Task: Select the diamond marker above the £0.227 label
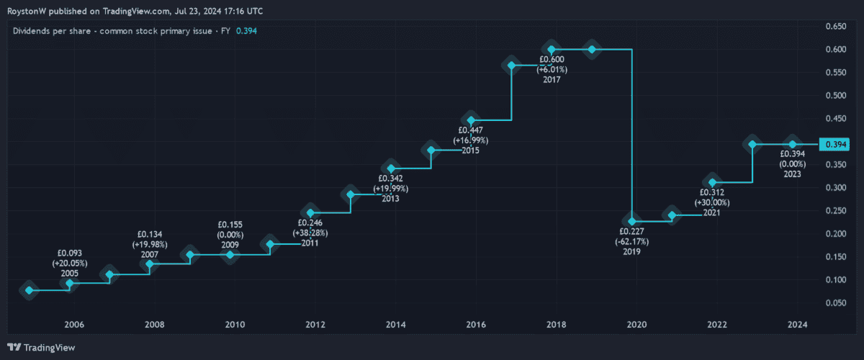632,221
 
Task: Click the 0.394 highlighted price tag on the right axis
835,145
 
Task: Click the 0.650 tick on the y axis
835,27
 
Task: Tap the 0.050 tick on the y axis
835,302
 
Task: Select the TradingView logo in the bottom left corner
41,348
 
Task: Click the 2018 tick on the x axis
554,325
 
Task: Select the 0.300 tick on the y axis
835,187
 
